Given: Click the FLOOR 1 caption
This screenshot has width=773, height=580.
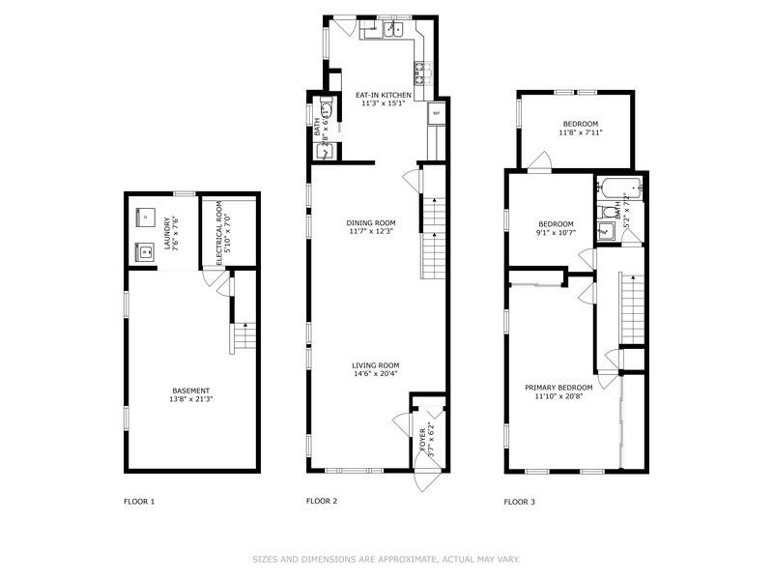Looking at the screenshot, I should (139, 502).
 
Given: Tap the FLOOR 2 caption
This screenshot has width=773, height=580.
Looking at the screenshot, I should (322, 501).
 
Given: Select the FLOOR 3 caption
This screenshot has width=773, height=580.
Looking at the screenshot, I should (520, 502).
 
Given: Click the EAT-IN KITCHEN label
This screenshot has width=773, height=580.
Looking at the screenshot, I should (384, 95).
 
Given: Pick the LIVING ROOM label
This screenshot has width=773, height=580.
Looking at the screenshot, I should (375, 365).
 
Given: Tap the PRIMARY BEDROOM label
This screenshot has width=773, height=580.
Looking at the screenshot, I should (558, 388).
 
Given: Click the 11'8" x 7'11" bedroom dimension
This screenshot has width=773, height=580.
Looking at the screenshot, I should (581, 132).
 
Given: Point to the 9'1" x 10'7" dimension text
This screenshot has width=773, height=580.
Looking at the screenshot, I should (556, 232).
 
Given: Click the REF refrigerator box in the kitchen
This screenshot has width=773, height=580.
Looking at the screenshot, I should (436, 114).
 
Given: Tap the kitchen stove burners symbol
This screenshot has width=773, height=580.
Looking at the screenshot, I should (421, 70).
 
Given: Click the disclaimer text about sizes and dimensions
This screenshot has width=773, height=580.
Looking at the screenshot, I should (386, 559).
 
